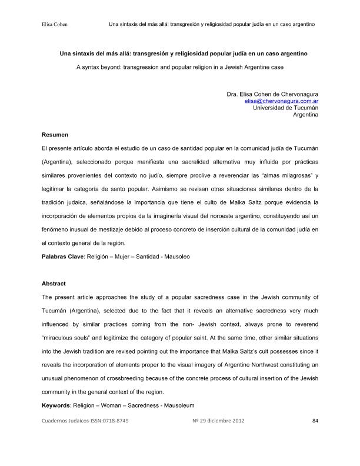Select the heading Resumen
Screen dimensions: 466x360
coord(56,135)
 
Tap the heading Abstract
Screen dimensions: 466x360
coord(54,284)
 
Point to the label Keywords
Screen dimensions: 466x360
coord(56,406)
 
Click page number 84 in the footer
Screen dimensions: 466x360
coord(315,421)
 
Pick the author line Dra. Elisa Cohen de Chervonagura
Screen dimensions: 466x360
coord(272,94)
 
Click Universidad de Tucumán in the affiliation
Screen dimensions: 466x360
coord(285,108)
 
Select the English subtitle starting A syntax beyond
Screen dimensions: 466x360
coord(180,68)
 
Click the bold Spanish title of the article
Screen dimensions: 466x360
coord(180,53)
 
